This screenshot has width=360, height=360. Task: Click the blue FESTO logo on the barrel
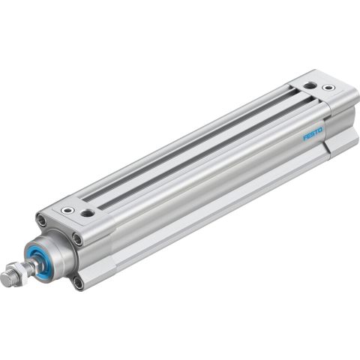pos(312,135)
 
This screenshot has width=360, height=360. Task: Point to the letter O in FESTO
pos(320,130)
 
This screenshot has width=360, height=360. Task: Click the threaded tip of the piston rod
pos(7,279)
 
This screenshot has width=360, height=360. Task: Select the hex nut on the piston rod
pos(19,273)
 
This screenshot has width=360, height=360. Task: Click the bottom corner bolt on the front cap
pos(79,282)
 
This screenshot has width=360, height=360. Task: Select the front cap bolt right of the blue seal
pos(77,239)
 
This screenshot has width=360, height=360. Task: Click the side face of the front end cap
pos(97,251)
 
